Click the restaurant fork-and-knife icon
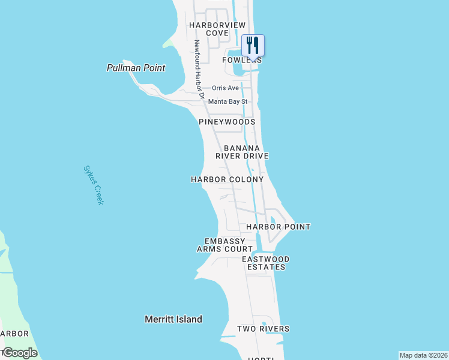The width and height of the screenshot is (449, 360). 253,45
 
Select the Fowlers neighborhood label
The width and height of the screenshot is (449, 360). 242,60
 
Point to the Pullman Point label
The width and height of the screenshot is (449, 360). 136,68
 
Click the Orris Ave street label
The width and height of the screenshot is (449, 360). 225,88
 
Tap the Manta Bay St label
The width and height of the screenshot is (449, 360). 228,102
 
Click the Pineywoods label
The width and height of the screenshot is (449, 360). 227,122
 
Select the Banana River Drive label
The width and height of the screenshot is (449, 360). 246,152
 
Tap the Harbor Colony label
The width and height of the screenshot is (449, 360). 227,179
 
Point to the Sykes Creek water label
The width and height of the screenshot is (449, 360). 94,185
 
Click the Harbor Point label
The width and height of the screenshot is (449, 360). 278,227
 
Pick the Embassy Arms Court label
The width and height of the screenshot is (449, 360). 225,245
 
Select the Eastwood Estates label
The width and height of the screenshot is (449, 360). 265,263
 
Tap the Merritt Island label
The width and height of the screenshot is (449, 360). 173,319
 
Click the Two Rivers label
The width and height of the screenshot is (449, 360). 263,329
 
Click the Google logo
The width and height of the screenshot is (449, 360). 20,353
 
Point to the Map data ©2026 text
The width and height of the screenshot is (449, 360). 423,355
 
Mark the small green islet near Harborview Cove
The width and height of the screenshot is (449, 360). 169,43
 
